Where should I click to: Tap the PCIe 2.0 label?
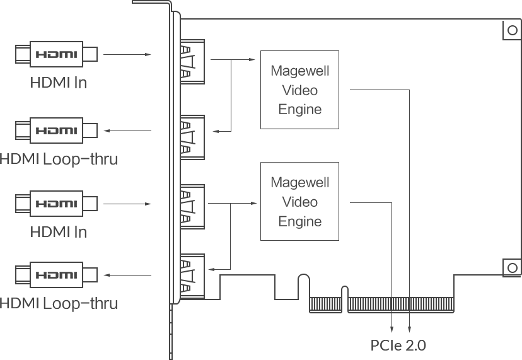pyautogui.click(x=398, y=345)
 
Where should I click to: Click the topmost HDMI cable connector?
pyautogui.click(x=56, y=54)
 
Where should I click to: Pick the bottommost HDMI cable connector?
pyautogui.click(x=56, y=275)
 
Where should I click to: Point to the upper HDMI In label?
pyautogui.click(x=59, y=83)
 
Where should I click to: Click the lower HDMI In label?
pyautogui.click(x=59, y=232)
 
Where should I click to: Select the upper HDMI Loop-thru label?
pyautogui.click(x=59, y=159)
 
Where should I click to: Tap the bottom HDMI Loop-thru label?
pyautogui.click(x=59, y=303)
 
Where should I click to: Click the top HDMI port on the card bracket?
pyautogui.click(x=192, y=62)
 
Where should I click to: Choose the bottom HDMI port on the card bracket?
pyautogui.click(x=192, y=276)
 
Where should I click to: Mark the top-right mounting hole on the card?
pyautogui.click(x=513, y=30)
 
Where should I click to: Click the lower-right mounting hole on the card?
pyautogui.click(x=513, y=268)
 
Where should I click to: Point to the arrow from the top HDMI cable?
pyautogui.click(x=127, y=54)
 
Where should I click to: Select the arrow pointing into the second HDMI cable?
pyautogui.click(x=127, y=131)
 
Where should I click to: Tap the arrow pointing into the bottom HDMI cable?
pyautogui.click(x=127, y=275)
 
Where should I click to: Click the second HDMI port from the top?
pyautogui.click(x=192, y=137)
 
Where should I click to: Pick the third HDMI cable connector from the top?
pyautogui.click(x=56, y=204)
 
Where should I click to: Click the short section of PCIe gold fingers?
pyautogui.click(x=325, y=305)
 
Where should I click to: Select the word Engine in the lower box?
pyautogui.click(x=300, y=221)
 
